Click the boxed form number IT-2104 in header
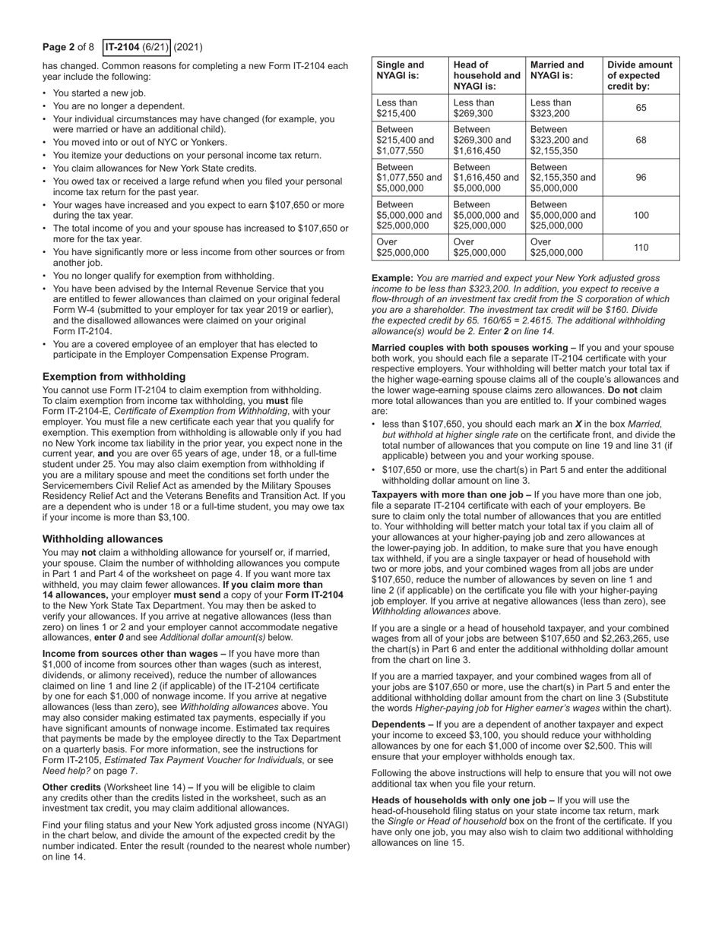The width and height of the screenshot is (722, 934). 137,47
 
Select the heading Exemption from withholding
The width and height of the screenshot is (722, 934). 114,377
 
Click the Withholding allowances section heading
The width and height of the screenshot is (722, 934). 103,539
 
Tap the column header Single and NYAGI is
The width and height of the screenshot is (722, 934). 401,71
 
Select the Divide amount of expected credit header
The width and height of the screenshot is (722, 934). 640,76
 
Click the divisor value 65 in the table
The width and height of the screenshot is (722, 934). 641,108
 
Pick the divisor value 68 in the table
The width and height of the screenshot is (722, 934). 641,140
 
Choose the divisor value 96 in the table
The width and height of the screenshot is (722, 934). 641,178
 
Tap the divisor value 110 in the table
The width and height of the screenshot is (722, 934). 641,247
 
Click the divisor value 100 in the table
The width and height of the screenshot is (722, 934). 641,215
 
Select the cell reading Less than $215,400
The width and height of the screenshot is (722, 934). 397,108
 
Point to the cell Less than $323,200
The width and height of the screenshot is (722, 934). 550,108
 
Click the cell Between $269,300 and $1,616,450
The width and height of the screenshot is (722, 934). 483,140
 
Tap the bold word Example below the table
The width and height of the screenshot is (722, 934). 392,278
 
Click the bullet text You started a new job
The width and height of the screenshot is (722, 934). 99,93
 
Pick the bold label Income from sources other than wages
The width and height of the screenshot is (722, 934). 134,653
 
